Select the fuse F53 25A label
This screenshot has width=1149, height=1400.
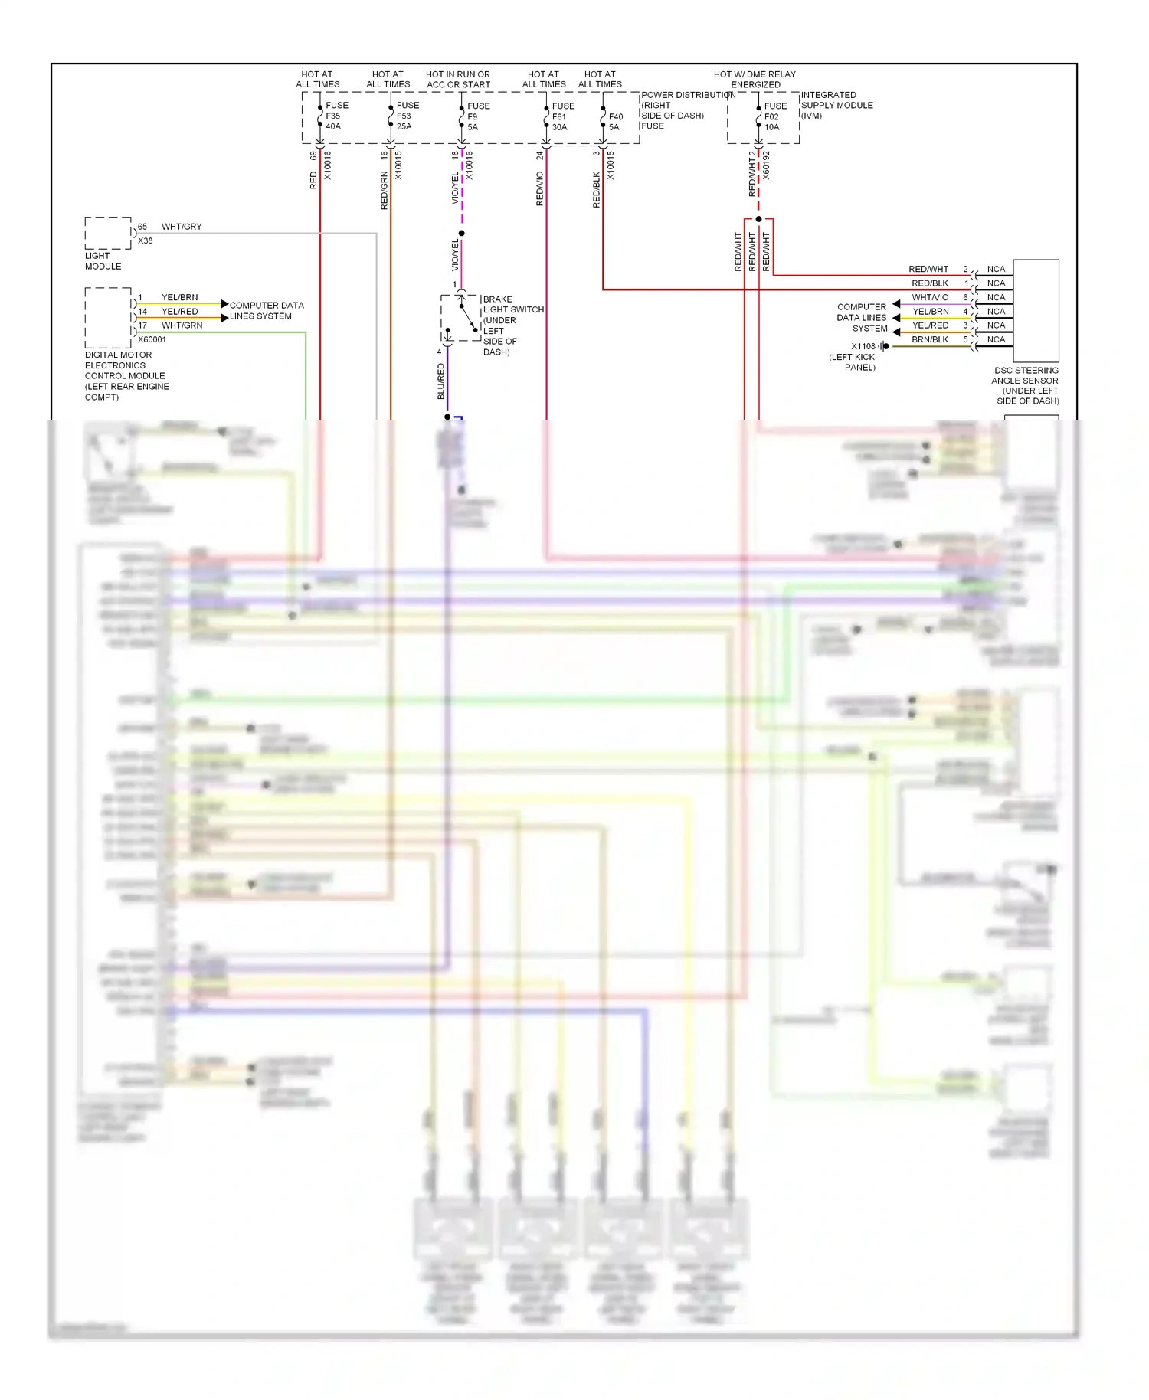[x=407, y=116]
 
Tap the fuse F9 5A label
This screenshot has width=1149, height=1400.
[x=477, y=116]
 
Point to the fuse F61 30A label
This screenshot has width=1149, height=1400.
[x=562, y=116]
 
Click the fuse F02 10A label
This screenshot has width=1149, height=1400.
[x=774, y=116]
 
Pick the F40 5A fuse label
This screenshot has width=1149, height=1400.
[x=615, y=122]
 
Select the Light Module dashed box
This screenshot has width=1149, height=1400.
[x=108, y=234]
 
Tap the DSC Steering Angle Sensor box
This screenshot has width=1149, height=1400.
[x=1036, y=310]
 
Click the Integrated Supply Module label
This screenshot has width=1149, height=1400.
[x=836, y=105]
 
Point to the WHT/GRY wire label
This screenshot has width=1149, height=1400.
[x=182, y=227]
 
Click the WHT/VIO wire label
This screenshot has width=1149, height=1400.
[x=930, y=297]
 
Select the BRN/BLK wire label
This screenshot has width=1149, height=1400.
[x=930, y=339]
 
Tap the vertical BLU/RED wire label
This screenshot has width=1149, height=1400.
[x=441, y=381]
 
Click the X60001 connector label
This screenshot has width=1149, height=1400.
[x=152, y=339]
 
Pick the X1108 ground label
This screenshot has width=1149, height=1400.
[x=863, y=346]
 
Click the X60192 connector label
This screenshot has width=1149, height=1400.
[x=766, y=165]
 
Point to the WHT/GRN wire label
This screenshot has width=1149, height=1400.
[x=182, y=325]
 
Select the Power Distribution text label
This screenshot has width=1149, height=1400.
[x=687, y=95]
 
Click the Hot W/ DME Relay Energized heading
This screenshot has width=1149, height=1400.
[x=755, y=80]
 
